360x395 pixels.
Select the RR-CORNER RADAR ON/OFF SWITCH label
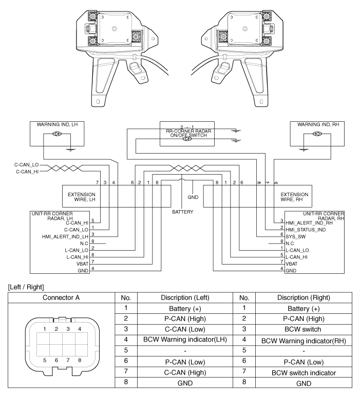point(186,132)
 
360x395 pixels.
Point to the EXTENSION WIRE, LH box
point(82,197)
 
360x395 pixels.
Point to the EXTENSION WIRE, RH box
point(295,197)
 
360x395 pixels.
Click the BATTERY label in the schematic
point(183,211)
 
